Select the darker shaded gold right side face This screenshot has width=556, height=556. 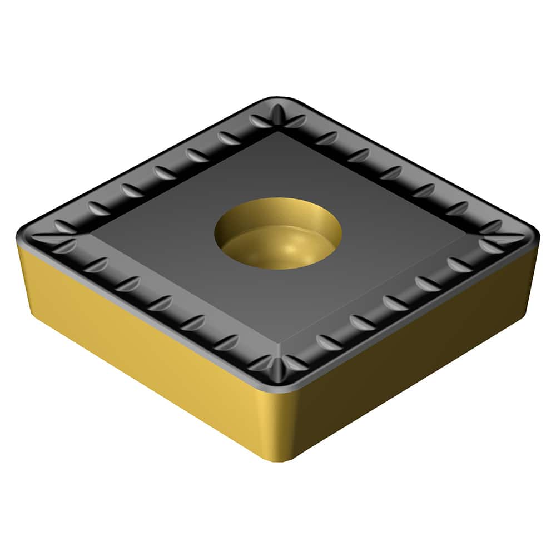click(x=411, y=361)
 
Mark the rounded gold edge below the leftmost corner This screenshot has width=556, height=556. click(x=28, y=278)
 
